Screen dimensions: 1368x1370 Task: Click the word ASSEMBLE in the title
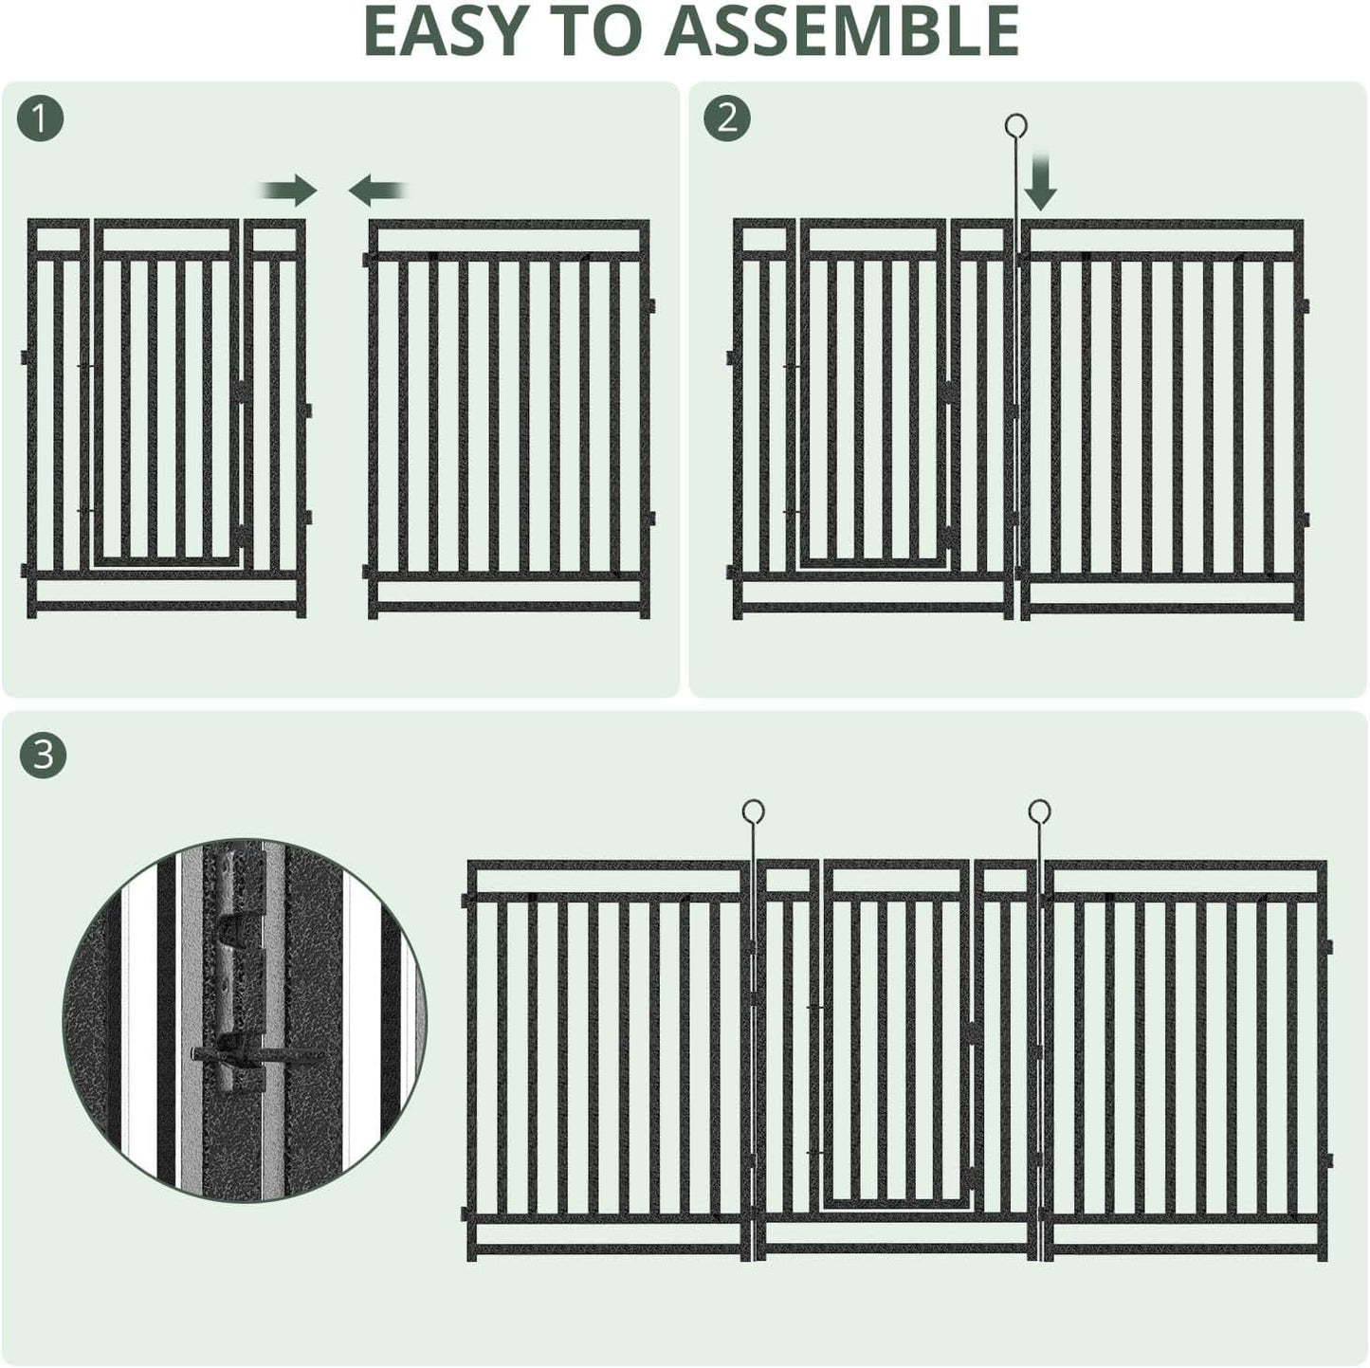pos(840,31)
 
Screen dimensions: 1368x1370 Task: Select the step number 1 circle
pos(41,119)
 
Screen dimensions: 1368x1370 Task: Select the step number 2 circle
pos(727,119)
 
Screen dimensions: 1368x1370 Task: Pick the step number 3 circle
pos(43,756)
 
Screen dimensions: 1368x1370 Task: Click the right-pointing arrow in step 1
pos(291,191)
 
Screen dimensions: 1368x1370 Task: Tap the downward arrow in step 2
pos(1040,184)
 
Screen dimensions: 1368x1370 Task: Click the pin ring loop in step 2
pos(1015,126)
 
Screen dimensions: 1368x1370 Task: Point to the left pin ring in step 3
pos(753,812)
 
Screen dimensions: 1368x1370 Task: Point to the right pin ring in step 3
pos(1040,812)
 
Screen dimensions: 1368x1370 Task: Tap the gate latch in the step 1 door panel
pos(245,391)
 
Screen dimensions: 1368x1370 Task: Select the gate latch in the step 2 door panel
pos(948,391)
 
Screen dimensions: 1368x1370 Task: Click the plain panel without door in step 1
pos(509,417)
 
